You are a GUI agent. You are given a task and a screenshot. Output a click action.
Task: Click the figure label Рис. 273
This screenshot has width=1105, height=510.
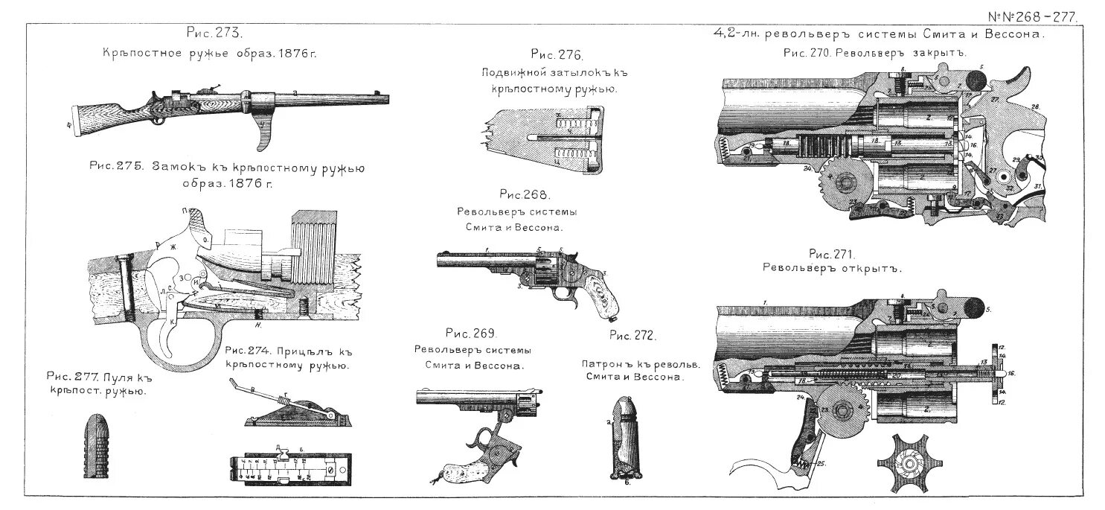(x=214, y=34)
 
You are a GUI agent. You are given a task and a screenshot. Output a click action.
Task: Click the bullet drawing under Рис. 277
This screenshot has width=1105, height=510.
(x=93, y=446)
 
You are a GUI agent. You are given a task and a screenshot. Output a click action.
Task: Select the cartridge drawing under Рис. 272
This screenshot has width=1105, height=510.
(x=623, y=439)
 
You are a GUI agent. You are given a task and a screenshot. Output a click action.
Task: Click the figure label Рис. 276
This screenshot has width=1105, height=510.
(x=557, y=55)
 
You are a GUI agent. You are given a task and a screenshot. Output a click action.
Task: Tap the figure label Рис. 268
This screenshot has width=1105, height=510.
(x=524, y=195)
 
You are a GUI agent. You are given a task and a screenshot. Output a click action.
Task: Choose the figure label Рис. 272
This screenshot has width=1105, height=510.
(x=632, y=336)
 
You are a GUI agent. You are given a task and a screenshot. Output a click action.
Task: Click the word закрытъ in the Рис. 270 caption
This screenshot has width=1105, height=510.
(x=940, y=53)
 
